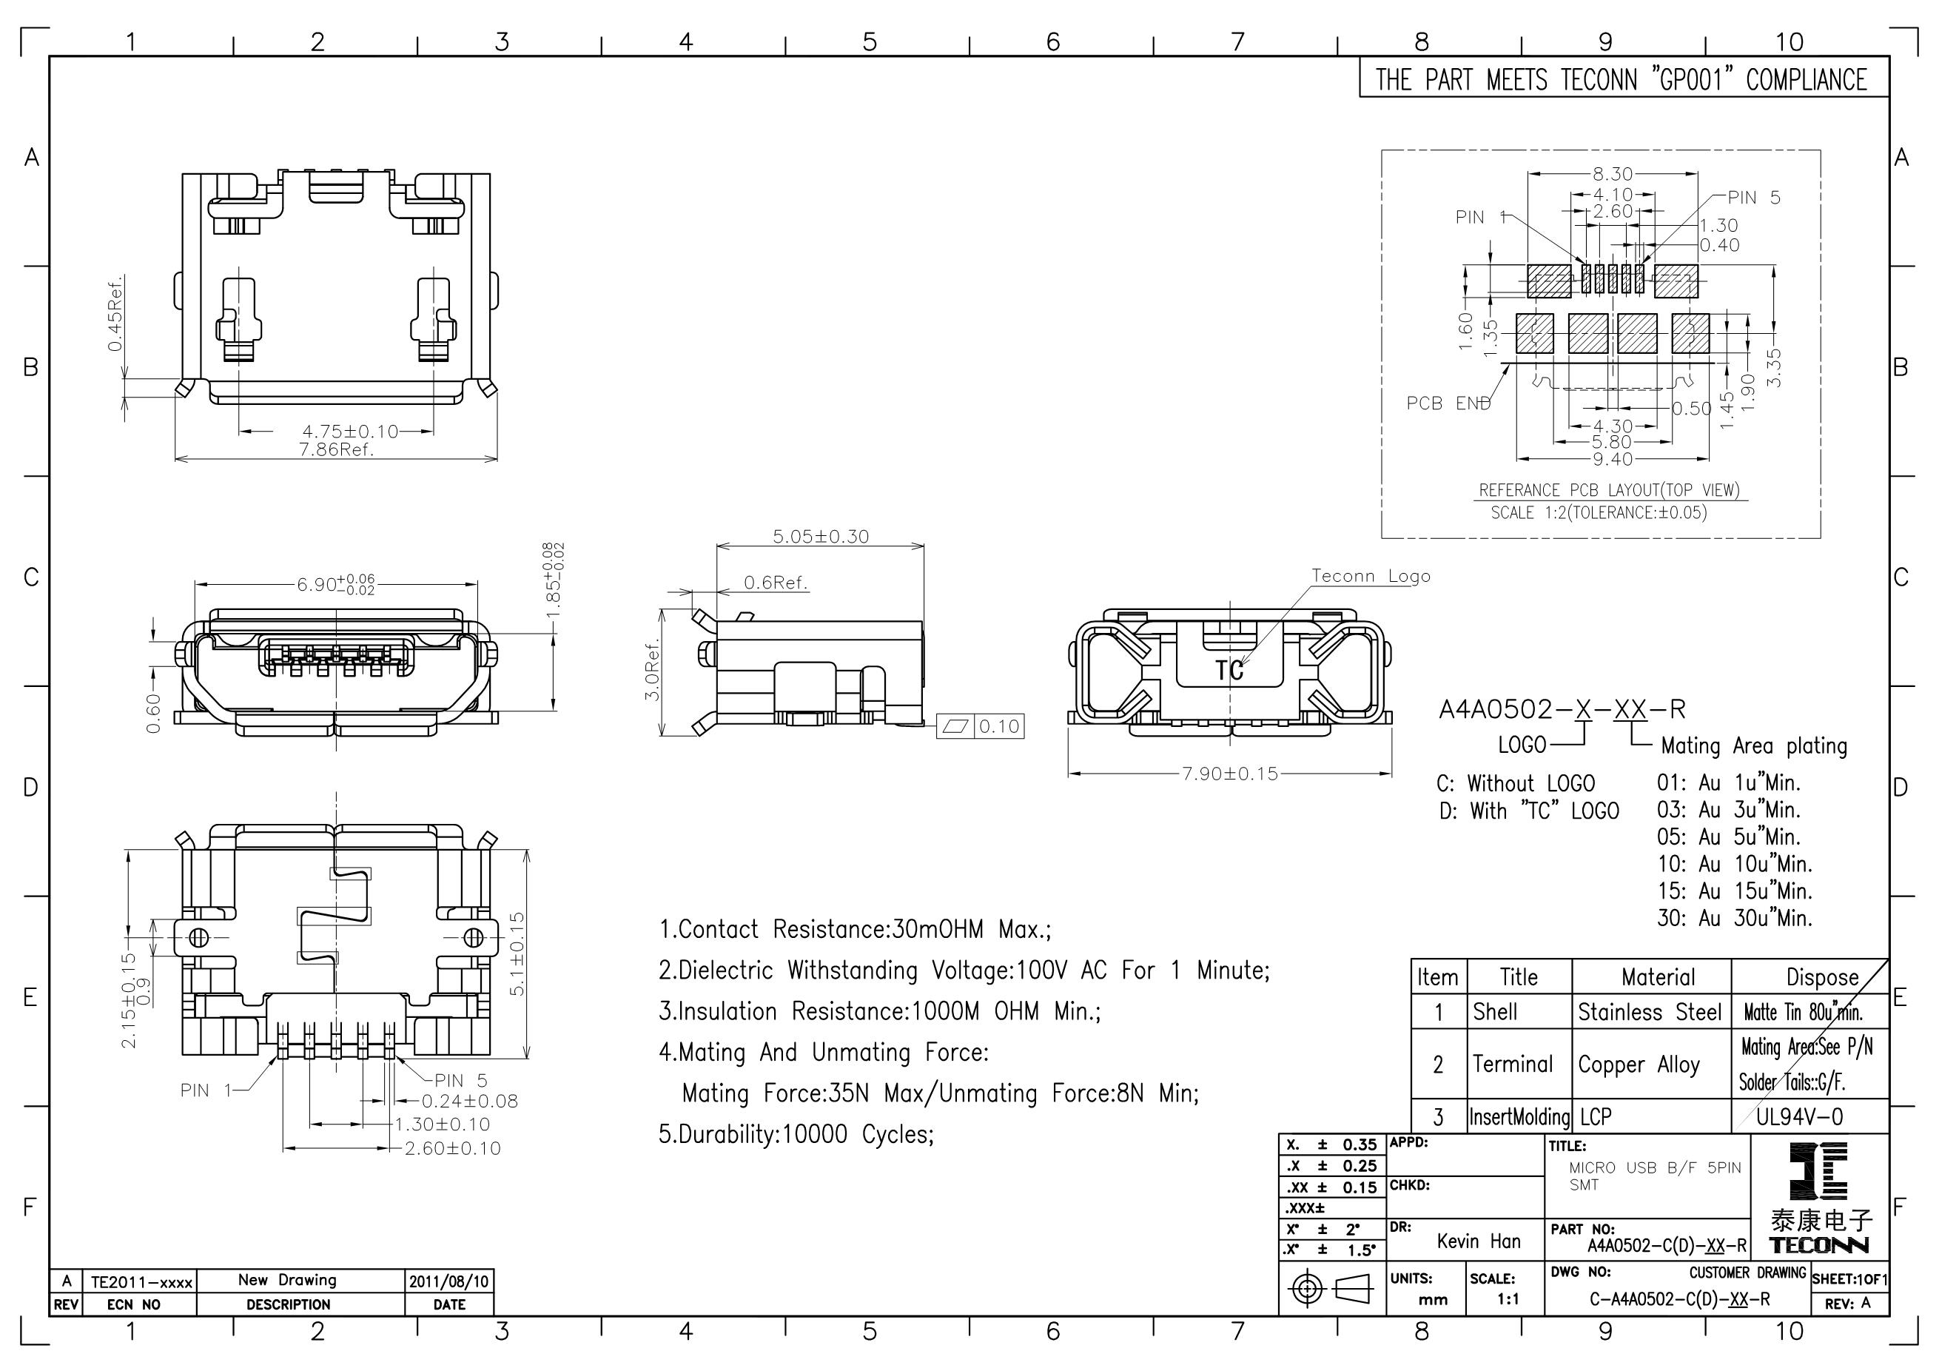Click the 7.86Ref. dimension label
coord(336,449)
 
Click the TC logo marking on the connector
coord(1229,671)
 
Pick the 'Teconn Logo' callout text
coord(1371,576)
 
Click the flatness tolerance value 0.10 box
coord(999,726)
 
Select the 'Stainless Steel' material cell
coord(1650,1012)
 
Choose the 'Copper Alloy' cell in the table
coord(1639,1065)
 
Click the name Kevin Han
coord(1479,1241)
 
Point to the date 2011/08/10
coord(449,1281)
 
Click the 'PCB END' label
coord(1448,403)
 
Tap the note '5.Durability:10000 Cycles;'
coord(796,1134)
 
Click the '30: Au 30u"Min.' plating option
coord(1735,918)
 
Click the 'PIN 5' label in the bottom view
coord(461,1080)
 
